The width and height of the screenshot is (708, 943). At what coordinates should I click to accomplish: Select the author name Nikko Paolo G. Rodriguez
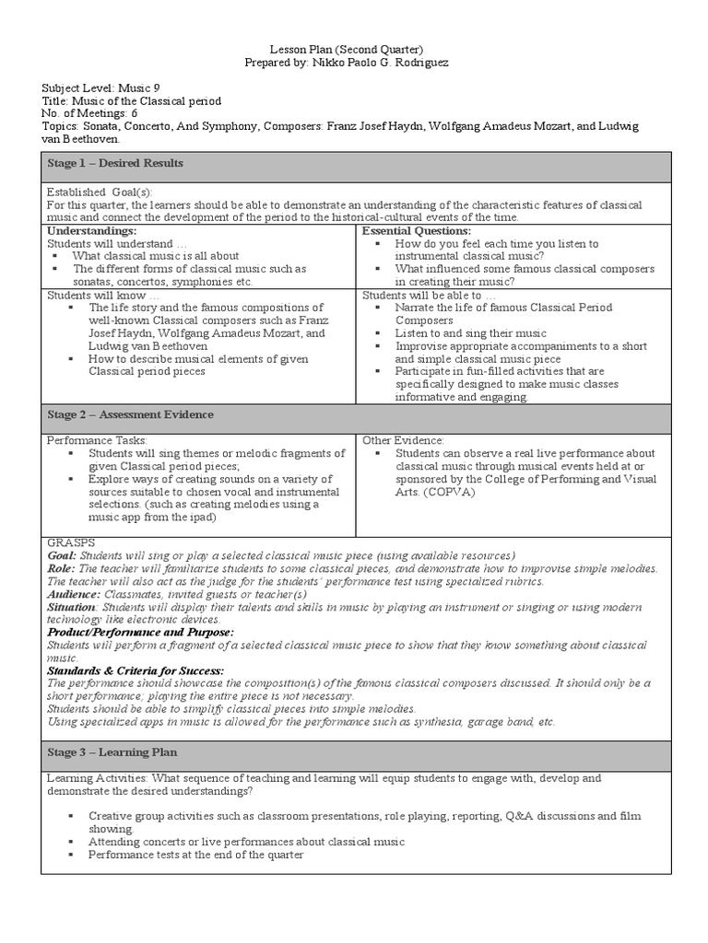(x=383, y=62)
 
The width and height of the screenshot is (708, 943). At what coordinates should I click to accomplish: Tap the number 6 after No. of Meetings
(x=135, y=112)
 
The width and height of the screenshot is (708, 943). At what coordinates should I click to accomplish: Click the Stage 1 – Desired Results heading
(x=115, y=163)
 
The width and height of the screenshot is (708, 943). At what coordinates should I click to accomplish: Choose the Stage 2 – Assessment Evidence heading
(x=130, y=414)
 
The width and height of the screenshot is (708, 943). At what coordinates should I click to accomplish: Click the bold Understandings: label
(x=91, y=230)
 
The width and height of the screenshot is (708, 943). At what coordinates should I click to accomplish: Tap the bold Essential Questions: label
(x=417, y=230)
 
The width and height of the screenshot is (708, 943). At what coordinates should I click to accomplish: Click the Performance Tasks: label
(x=97, y=441)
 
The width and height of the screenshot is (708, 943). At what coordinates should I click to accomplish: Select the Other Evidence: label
(x=403, y=441)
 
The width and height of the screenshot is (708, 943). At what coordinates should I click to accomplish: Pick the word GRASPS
(x=69, y=543)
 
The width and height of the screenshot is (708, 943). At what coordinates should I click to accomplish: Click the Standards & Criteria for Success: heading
(x=136, y=671)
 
